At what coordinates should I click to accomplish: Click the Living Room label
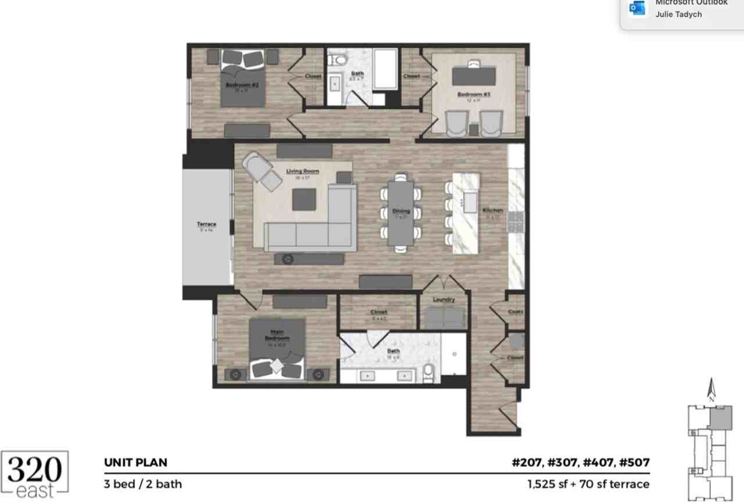coord(302,171)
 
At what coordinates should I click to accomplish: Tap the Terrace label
coord(206,224)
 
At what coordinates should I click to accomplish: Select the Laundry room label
coord(443,300)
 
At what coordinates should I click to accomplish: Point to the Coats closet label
coord(516,312)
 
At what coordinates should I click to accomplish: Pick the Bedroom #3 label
coord(474,94)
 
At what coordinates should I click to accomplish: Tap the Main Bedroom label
coord(277,335)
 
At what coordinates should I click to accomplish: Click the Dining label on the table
coord(401,211)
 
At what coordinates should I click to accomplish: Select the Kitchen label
coord(492,210)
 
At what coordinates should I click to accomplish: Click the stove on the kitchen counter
coord(516,222)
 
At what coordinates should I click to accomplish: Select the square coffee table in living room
coord(304,199)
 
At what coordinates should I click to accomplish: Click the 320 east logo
coord(35,474)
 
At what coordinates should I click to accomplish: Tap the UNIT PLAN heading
coord(135,462)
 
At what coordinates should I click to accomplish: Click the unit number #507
coord(634,462)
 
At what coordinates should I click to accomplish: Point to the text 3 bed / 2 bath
coord(142,483)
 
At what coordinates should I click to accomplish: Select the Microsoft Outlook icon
coord(637,9)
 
